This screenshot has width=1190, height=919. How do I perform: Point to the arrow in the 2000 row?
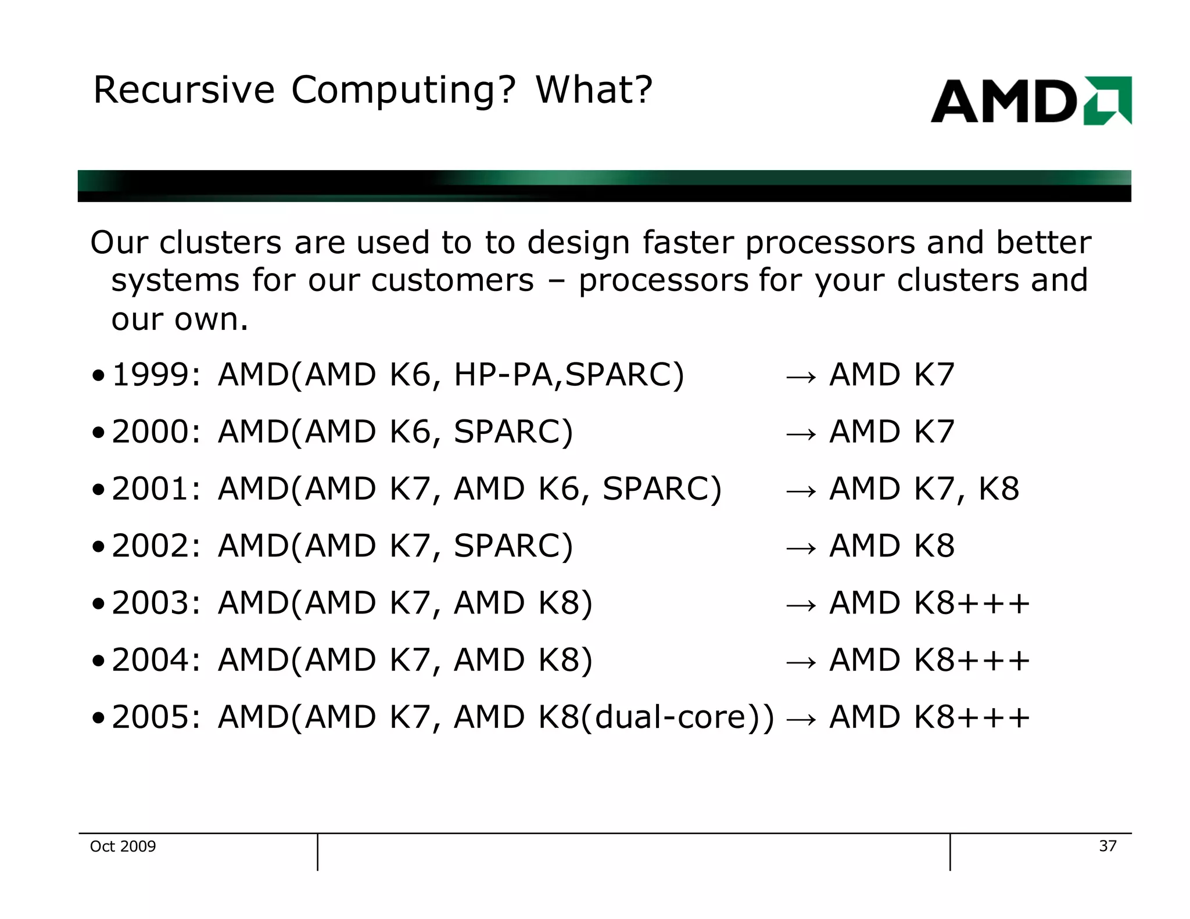pos(801,433)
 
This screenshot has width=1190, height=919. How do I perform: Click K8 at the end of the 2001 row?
pos(999,489)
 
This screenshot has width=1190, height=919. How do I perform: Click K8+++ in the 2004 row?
pos(972,660)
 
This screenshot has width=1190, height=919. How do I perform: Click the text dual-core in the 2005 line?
pos(677,717)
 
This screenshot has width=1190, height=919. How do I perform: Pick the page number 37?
pos(1107,846)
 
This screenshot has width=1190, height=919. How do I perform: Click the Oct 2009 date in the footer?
pos(123,846)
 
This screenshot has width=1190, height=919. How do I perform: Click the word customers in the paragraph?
pos(452,281)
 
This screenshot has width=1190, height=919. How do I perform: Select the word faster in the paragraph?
pos(688,242)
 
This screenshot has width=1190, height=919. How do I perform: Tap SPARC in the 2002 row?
pos(512,546)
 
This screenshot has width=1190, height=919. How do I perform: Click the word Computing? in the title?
pos(403,91)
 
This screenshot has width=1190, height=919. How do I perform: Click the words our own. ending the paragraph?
pos(179,320)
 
